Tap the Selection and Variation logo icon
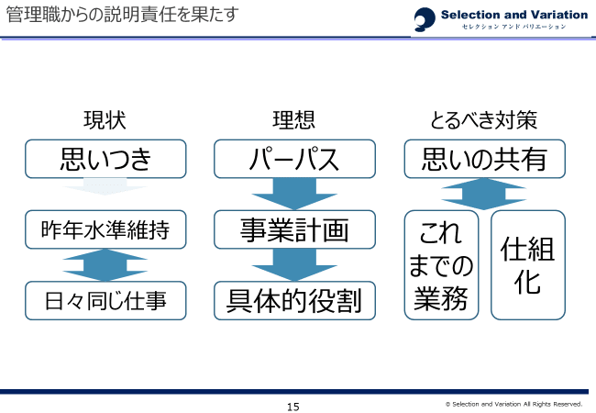425,18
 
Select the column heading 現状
105,120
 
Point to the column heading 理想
294,120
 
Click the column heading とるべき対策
483,120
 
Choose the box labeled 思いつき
105,159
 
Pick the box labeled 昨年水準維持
105,229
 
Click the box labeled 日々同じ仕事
105,300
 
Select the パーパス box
294,159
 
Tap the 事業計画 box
294,229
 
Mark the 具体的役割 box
294,300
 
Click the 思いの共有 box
484,159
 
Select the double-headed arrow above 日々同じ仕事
105,264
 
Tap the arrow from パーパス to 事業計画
294,193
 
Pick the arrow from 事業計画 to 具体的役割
294,264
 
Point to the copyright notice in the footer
513,404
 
